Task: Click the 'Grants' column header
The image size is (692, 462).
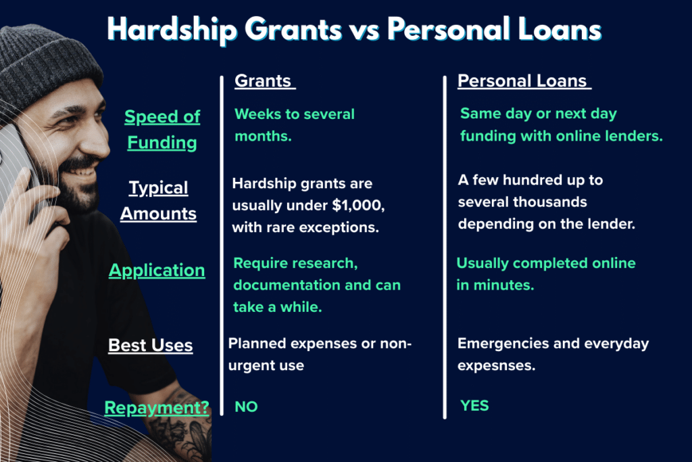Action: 263,80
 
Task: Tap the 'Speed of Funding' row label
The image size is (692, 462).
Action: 162,129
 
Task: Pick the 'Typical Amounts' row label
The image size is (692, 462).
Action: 158,200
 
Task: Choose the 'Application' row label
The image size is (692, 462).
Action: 157,271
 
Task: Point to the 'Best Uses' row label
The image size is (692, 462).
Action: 151,345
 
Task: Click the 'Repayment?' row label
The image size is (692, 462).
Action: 157,408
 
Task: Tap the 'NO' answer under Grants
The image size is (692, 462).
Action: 246,407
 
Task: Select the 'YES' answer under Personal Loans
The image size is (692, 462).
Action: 474,405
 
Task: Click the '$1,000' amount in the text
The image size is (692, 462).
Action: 358,206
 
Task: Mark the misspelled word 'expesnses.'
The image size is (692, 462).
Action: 497,366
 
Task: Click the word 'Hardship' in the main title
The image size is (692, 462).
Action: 172,30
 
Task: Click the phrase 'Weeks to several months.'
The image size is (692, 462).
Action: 295,125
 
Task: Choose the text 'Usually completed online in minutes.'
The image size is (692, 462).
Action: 546,274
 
